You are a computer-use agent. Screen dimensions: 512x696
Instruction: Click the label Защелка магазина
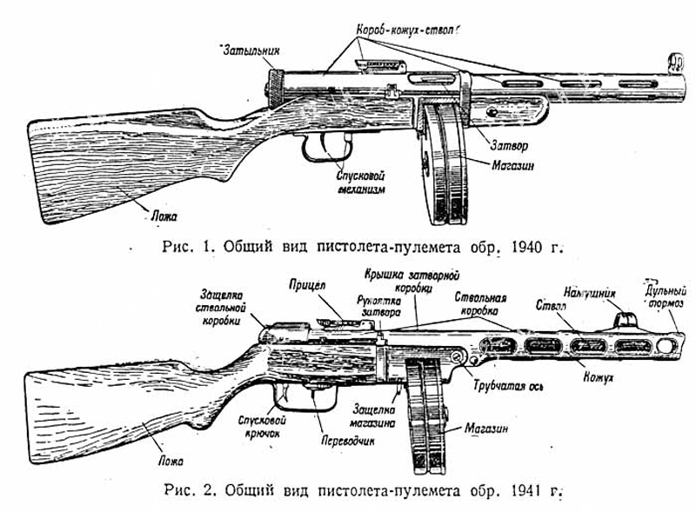(x=375, y=415)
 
